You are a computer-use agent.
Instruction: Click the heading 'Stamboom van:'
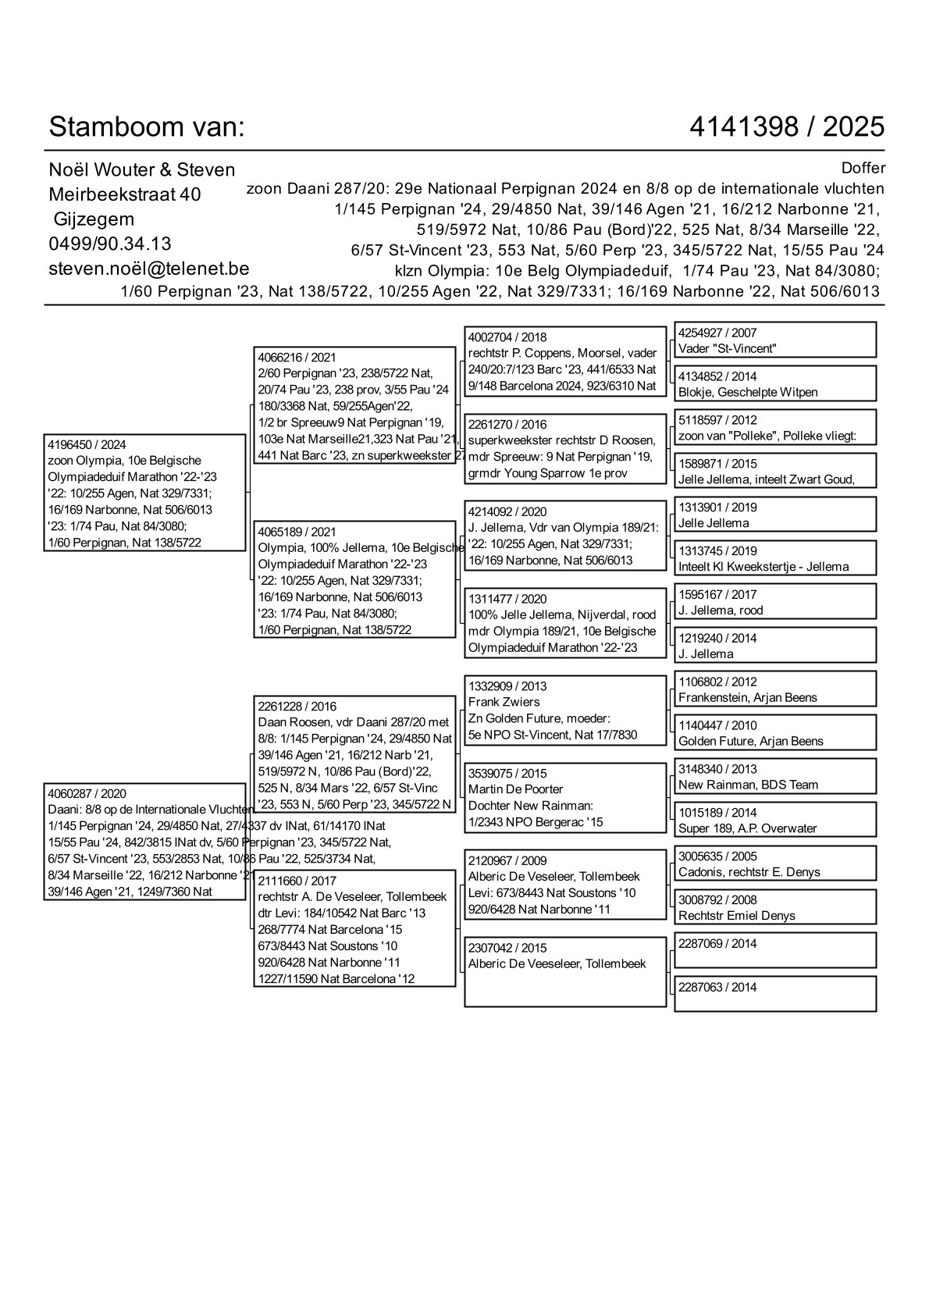(147, 126)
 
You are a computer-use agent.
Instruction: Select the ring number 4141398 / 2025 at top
(787, 126)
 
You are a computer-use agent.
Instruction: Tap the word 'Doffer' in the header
(863, 168)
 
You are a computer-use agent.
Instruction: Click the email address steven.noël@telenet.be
(148, 269)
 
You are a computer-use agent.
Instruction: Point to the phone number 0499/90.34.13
(110, 244)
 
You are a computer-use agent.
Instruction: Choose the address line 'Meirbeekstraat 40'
(125, 194)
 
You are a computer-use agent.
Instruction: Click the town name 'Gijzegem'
(94, 219)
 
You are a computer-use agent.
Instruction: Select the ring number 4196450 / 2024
(87, 444)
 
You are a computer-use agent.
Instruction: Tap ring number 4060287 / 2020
(87, 793)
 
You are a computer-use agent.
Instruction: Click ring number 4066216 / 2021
(297, 358)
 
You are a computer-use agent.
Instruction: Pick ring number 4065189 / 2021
(297, 532)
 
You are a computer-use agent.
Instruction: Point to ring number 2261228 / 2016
(297, 707)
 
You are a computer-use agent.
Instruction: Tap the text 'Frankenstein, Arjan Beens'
(747, 697)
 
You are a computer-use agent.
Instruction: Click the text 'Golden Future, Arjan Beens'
(750, 741)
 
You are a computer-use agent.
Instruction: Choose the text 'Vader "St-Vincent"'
(727, 349)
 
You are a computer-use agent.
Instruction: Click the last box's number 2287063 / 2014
(717, 987)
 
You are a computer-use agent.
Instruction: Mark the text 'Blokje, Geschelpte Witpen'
(747, 392)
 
